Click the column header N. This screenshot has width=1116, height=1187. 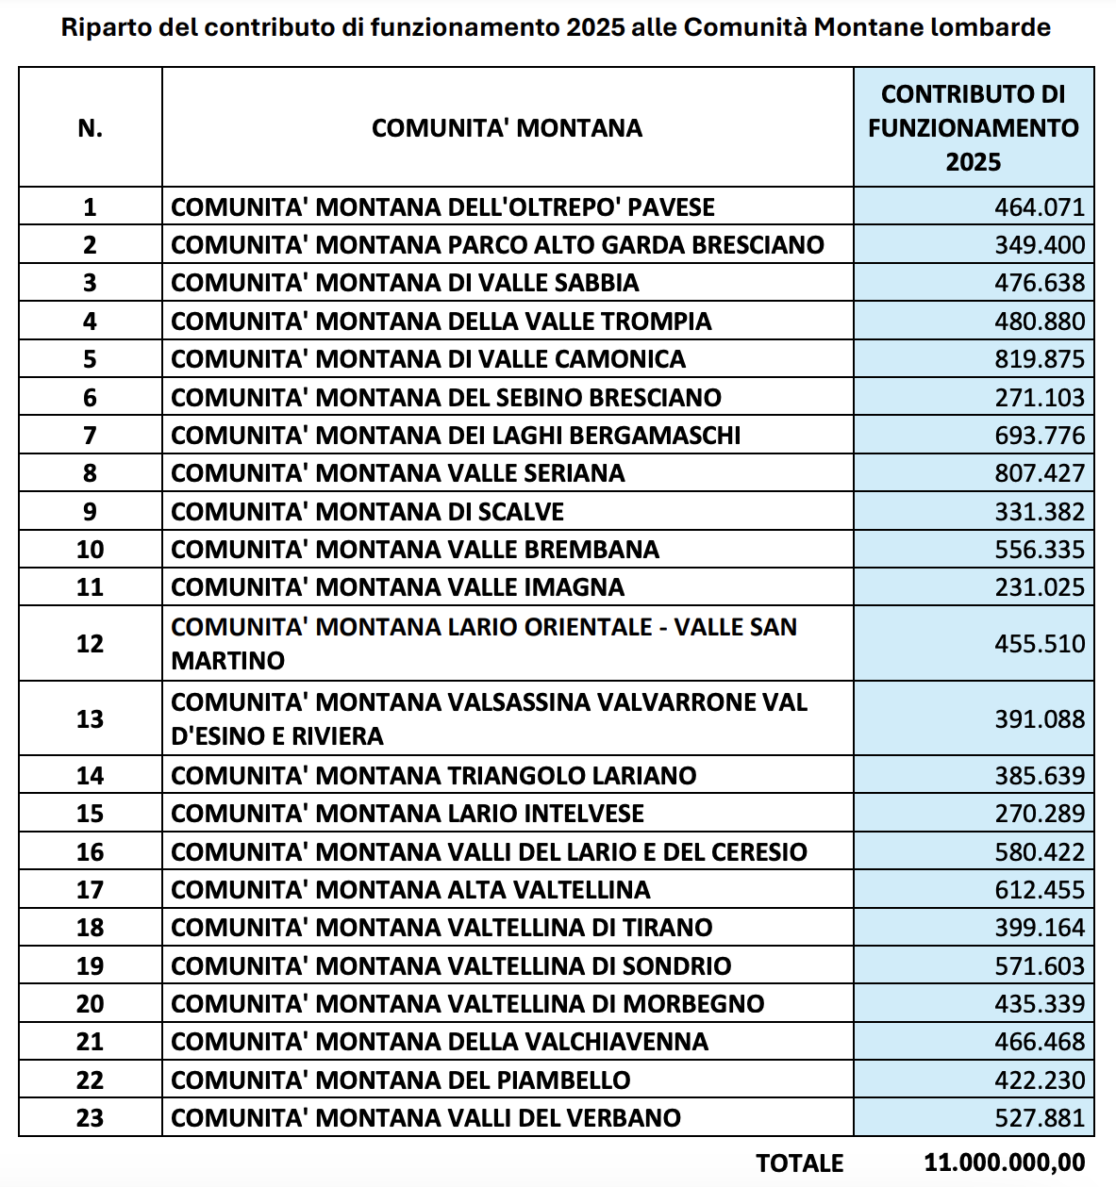tap(90, 128)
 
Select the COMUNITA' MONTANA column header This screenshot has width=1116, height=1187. tap(507, 128)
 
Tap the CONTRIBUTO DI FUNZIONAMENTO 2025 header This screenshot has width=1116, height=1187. tap(973, 128)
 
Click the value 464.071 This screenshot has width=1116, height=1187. tap(1039, 207)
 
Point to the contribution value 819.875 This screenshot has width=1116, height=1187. tap(1039, 359)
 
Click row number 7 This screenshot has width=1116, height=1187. tap(90, 436)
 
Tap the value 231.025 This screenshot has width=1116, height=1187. tap(1039, 587)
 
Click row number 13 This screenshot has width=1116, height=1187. tap(90, 719)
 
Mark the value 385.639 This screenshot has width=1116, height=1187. tap(1039, 776)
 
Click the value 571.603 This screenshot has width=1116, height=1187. tap(1039, 966)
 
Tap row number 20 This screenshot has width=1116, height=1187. tap(90, 1004)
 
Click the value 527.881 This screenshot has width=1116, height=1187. tap(1039, 1118)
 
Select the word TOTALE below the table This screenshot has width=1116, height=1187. tap(799, 1163)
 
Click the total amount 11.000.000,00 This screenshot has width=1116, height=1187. tap(1004, 1163)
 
